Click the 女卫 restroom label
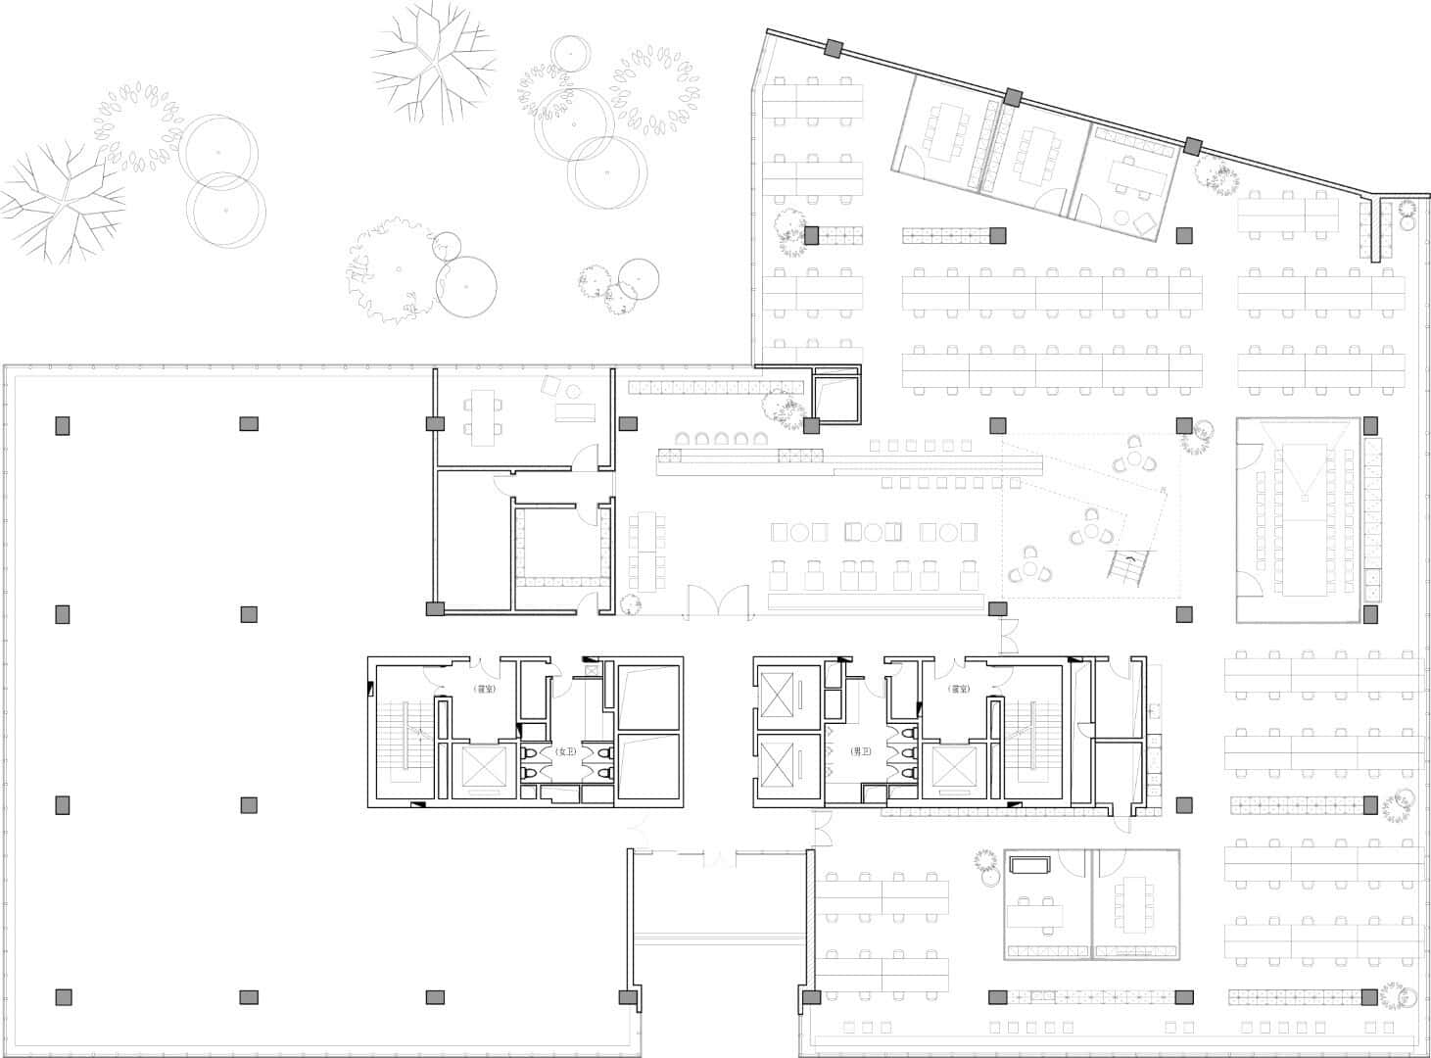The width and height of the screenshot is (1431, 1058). click(x=566, y=751)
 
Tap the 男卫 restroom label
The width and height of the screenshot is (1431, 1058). click(x=861, y=751)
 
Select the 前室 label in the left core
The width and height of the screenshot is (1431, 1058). click(x=482, y=690)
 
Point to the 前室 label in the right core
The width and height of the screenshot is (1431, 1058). click(x=958, y=690)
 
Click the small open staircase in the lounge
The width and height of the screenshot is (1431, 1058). click(x=1128, y=566)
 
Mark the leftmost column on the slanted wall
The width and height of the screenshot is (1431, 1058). click(x=833, y=49)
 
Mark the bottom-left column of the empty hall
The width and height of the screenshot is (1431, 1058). click(x=62, y=997)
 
